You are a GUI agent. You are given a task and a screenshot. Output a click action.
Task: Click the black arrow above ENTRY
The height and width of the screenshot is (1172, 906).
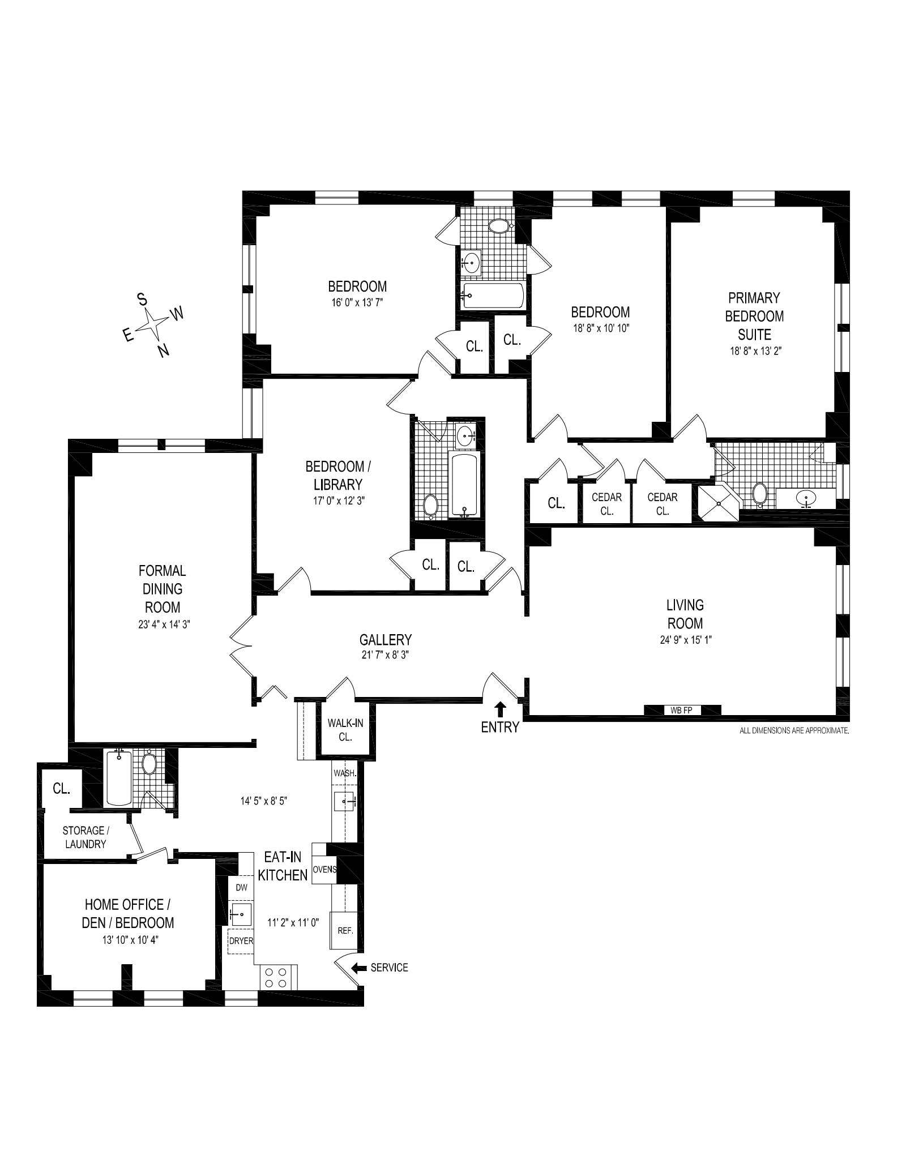(501, 708)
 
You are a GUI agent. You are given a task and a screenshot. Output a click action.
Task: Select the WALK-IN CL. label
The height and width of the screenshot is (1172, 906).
(345, 729)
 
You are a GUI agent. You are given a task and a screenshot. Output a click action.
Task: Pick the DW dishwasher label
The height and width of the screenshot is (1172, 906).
(242, 888)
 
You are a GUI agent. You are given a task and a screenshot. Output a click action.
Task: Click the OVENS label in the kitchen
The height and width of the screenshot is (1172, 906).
(324, 870)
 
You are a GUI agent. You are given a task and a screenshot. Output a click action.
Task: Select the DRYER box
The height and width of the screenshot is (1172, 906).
(241, 940)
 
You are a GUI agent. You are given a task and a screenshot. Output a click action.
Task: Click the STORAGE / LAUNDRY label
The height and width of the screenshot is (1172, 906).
(84, 837)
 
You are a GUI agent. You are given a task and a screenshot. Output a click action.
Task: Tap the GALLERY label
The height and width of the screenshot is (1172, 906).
(385, 639)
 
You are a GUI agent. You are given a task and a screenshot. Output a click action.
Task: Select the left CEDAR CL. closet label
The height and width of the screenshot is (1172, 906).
(606, 503)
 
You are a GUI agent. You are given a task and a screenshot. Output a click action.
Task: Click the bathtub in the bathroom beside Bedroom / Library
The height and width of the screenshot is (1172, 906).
(464, 484)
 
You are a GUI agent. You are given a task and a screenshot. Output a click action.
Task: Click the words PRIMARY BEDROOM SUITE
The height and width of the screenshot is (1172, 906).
(754, 315)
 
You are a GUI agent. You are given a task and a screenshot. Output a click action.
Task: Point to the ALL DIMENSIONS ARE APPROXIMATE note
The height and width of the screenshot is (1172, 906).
(794, 731)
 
